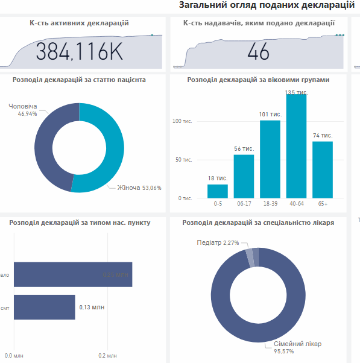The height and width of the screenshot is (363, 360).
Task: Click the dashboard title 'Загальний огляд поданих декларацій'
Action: pyautogui.click(x=267, y=5)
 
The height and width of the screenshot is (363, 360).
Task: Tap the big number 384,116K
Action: pyautogui.click(x=79, y=52)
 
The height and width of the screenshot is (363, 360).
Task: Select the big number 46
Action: pyautogui.click(x=258, y=52)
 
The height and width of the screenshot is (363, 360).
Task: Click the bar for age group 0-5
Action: pyautogui.click(x=218, y=191)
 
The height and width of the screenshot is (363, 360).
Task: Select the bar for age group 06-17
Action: pyautogui.click(x=244, y=177)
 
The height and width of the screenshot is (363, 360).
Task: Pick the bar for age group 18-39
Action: pyautogui.click(x=270, y=159)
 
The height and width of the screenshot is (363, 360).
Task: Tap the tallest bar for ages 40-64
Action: pyautogui.click(x=296, y=146)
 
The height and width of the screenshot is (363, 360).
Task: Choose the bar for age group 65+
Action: pyautogui.click(x=323, y=169)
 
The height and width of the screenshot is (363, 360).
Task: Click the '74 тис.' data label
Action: pyautogui.click(x=323, y=135)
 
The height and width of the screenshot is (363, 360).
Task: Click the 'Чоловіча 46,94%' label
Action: pyautogui.click(x=23, y=110)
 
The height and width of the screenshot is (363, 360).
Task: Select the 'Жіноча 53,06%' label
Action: pyautogui.click(x=139, y=188)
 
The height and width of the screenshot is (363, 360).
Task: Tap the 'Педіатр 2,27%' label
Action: pyautogui.click(x=218, y=242)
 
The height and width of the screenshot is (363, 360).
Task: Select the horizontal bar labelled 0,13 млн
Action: pyautogui.click(x=44, y=307)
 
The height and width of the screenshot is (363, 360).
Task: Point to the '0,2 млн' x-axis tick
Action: pyautogui.click(x=107, y=356)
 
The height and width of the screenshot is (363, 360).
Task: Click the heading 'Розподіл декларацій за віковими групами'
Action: pyautogui.click(x=258, y=79)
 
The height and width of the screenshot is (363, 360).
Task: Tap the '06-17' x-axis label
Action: pyautogui.click(x=244, y=204)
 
